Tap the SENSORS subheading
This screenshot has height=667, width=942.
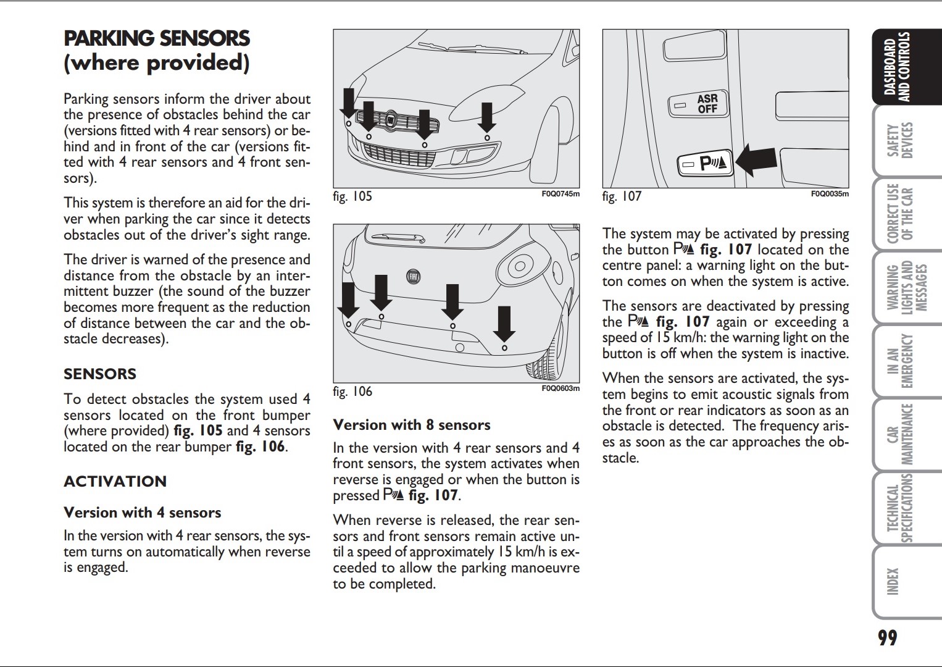click(x=100, y=374)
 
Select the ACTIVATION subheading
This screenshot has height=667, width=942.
click(x=115, y=482)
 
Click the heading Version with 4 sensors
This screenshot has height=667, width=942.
click(x=143, y=513)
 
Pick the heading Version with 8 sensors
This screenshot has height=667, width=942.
click(x=412, y=425)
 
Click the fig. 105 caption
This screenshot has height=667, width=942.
click(x=352, y=196)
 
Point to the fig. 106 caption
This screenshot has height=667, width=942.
click(x=352, y=392)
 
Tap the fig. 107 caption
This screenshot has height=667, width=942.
click(x=622, y=196)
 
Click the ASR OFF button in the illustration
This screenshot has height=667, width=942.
click(x=699, y=104)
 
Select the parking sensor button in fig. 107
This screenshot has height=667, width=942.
click(x=705, y=164)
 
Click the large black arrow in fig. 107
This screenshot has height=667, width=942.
click(x=757, y=159)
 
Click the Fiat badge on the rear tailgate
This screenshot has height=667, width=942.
click(x=413, y=277)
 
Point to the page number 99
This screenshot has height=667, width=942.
click(x=888, y=638)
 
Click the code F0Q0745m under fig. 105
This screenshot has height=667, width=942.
click(x=561, y=194)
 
